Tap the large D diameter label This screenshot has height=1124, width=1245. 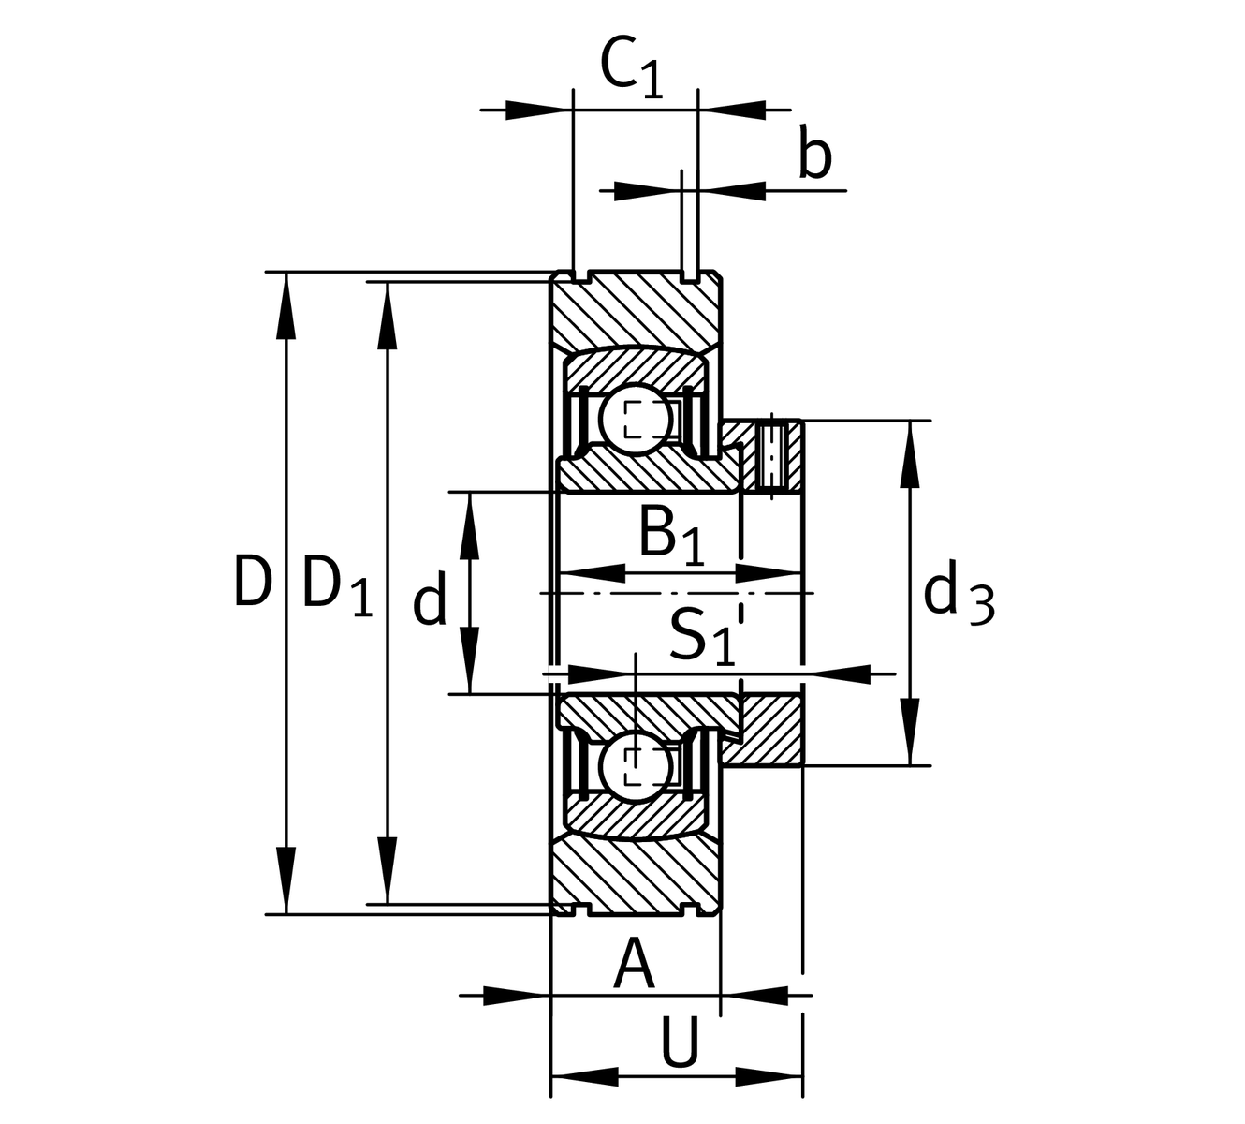coord(252,582)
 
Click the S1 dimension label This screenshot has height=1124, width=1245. coord(700,636)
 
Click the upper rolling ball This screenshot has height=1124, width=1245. coord(637,418)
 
